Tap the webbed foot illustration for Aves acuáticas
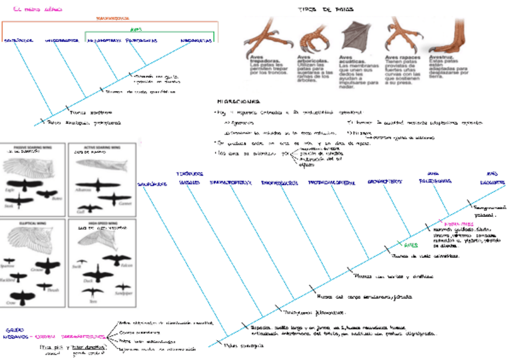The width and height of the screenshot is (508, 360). (354, 37)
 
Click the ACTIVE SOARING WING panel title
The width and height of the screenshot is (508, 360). (101, 147)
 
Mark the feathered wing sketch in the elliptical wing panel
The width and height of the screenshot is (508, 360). (33, 243)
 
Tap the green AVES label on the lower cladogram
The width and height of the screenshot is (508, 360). (410, 244)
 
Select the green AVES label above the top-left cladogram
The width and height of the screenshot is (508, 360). (136, 28)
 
